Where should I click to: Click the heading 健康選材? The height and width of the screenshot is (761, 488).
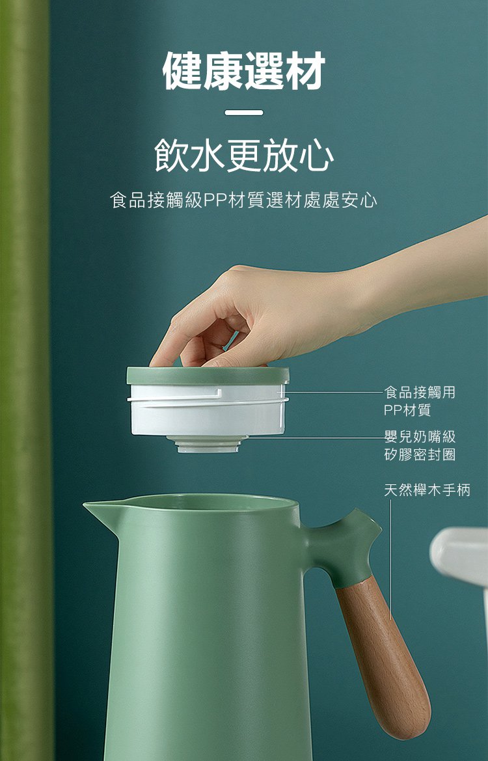[243, 72]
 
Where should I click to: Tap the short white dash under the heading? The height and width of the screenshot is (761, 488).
[244, 113]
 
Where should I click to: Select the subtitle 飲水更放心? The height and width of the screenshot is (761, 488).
[244, 156]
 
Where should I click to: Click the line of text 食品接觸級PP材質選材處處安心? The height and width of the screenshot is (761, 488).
[243, 200]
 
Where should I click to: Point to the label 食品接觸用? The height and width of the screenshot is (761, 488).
[420, 392]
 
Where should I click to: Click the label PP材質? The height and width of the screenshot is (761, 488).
[407, 410]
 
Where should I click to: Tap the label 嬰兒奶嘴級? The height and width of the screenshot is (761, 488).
[420, 436]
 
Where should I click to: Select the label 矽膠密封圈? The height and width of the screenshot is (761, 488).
[420, 454]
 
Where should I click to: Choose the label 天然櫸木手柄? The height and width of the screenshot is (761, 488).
[427, 490]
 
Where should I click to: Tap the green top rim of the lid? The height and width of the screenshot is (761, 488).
[208, 376]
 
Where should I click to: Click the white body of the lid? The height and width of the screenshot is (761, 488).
[208, 410]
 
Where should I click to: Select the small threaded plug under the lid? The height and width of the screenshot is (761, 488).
[208, 444]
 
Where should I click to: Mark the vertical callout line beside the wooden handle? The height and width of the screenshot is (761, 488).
[390, 560]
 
